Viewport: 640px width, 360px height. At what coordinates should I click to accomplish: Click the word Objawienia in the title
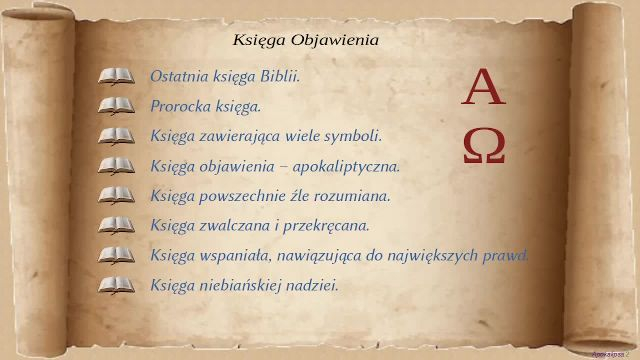[335, 40]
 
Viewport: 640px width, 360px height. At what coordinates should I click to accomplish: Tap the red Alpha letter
[484, 86]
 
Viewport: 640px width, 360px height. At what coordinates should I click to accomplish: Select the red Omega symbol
[484, 146]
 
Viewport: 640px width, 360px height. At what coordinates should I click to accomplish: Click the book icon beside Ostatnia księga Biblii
[116, 76]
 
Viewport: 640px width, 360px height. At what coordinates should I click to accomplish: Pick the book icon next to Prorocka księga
[116, 106]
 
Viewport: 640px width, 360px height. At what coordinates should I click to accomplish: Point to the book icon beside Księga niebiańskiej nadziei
[116, 285]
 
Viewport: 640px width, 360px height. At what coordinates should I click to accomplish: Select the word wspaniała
[236, 256]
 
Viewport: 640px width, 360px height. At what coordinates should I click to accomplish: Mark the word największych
[432, 256]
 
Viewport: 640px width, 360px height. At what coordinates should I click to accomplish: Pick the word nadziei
[312, 285]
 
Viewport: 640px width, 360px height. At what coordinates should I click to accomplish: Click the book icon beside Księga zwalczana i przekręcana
[116, 226]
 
